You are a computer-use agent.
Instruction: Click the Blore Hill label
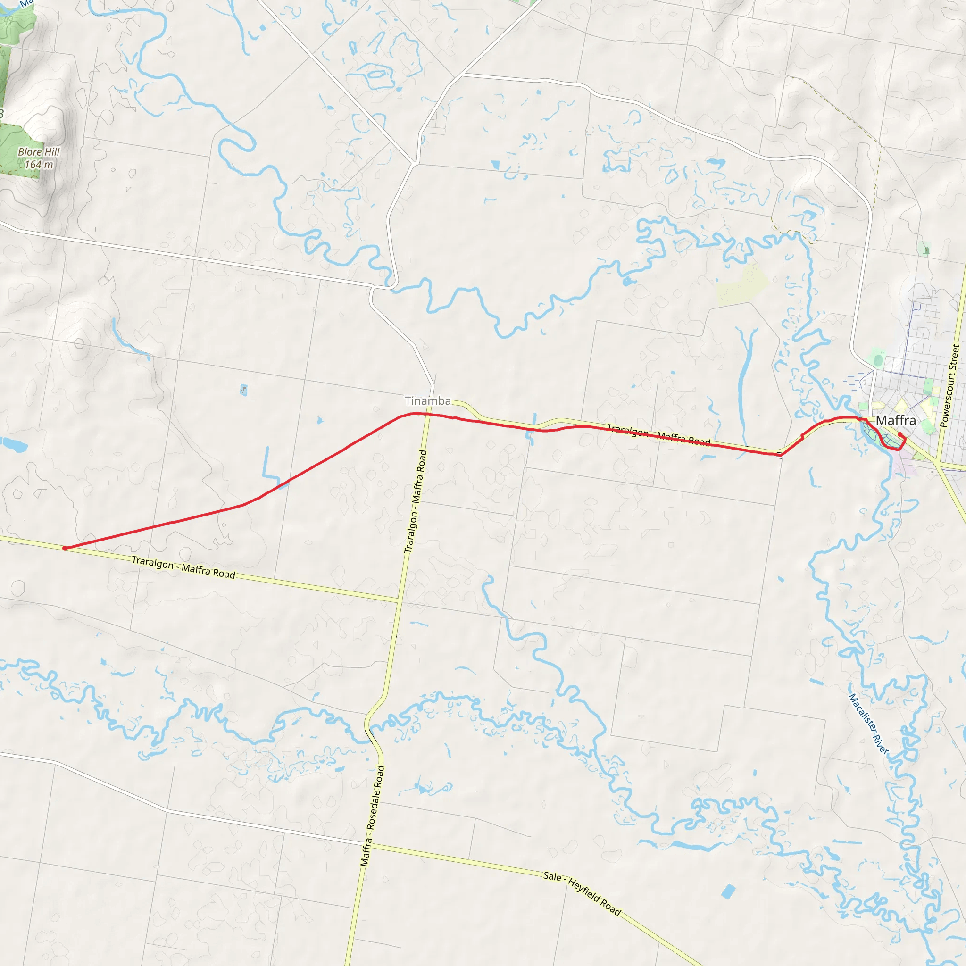39,151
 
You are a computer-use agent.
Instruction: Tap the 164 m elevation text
39,164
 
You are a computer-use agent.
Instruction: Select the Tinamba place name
427,400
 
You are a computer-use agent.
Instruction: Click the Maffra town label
896,420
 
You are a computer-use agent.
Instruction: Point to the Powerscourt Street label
950,385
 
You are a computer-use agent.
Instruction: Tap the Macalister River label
868,724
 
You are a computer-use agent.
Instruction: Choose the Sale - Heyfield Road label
582,893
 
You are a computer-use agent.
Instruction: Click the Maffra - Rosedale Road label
373,816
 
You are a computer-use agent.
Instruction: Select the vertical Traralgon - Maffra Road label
416,501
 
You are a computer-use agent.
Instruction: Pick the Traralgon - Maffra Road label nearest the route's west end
183,567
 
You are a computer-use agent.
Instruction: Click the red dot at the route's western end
65,549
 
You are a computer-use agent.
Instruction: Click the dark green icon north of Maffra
926,250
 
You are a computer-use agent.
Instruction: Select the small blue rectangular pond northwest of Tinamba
243,390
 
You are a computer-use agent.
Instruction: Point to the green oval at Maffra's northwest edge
878,359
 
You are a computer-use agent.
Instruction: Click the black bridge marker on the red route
780,455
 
